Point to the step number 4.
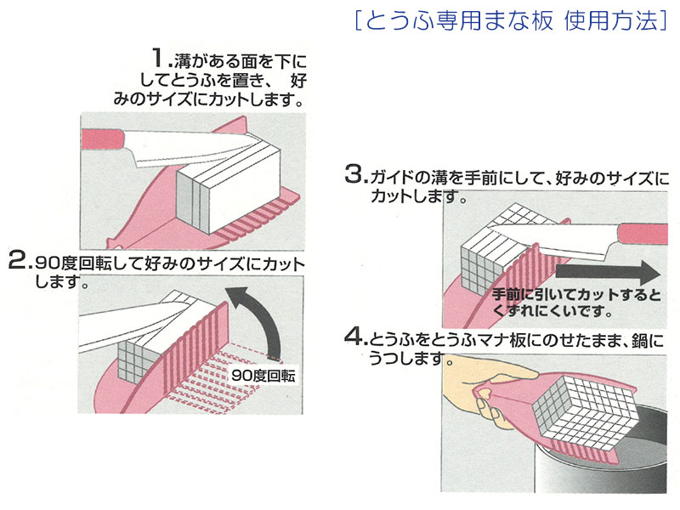(354, 339)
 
